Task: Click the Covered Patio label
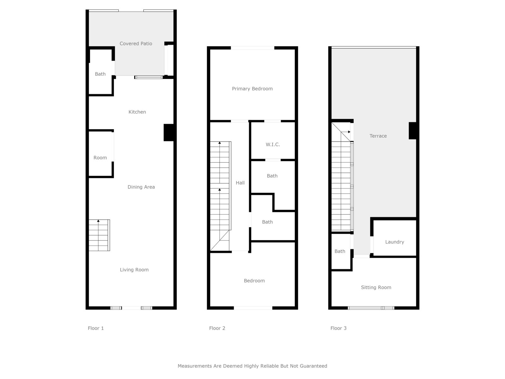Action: click(x=136, y=44)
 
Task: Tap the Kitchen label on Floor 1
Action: click(x=137, y=112)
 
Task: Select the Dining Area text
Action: click(x=141, y=187)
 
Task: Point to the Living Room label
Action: click(x=134, y=270)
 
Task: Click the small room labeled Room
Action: click(x=100, y=158)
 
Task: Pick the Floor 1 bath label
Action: click(x=100, y=74)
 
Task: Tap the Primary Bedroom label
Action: click(x=252, y=89)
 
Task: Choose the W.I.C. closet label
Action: click(x=273, y=145)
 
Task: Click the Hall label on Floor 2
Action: click(x=240, y=183)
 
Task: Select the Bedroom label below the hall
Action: click(x=254, y=280)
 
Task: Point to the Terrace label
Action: click(x=378, y=136)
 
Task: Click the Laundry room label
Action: click(x=395, y=242)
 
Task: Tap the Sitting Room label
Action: click(x=376, y=287)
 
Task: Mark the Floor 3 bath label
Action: click(x=340, y=251)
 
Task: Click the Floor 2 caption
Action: click(x=217, y=328)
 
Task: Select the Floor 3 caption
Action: click(x=338, y=328)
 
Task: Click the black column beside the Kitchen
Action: click(x=169, y=133)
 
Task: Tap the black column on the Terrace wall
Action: click(x=413, y=131)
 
